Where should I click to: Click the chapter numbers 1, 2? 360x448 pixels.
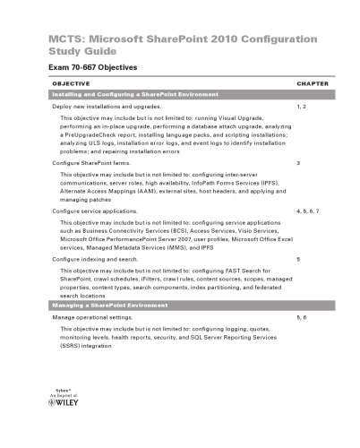300,106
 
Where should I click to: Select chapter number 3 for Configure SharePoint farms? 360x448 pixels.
297,164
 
